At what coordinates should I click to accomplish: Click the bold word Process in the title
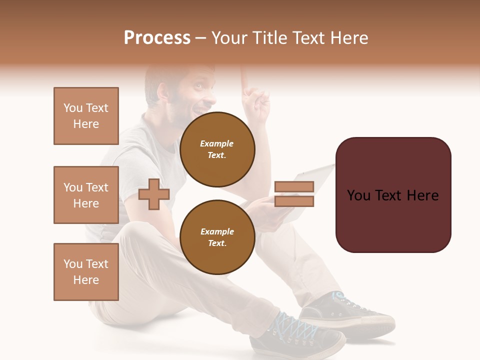pyautogui.click(x=157, y=38)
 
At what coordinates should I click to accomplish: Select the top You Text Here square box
pyautogui.click(x=86, y=116)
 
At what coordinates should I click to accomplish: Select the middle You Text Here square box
pyautogui.click(x=86, y=195)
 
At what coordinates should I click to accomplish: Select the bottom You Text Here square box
pyautogui.click(x=86, y=272)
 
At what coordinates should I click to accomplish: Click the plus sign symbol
pyautogui.click(x=154, y=194)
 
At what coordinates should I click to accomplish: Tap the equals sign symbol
pyautogui.click(x=294, y=194)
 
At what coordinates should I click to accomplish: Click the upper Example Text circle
pyautogui.click(x=217, y=149)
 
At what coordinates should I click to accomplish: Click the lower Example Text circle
pyautogui.click(x=217, y=237)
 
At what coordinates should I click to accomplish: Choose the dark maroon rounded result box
pyautogui.click(x=393, y=195)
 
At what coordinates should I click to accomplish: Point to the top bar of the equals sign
pyautogui.click(x=294, y=186)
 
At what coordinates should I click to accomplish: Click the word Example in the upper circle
pyautogui.click(x=217, y=143)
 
